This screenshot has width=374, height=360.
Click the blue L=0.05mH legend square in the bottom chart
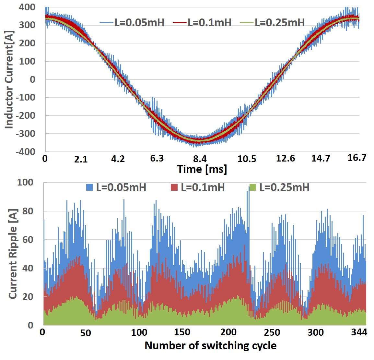click(x=90, y=187)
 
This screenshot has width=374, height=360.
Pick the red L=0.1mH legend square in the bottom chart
click(x=174, y=187)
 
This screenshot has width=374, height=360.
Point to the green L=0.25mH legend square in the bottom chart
click(x=253, y=187)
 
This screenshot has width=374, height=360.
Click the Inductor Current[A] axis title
click(x=9, y=79)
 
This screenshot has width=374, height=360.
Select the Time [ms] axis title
click(x=202, y=169)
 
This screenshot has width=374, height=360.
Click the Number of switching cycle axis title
click(x=210, y=345)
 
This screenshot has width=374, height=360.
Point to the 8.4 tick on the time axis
click(x=200, y=159)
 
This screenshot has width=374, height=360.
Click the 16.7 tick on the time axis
click(x=357, y=158)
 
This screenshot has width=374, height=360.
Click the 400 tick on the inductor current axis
click(x=27, y=7)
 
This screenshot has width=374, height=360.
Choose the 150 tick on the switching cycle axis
click(x=182, y=332)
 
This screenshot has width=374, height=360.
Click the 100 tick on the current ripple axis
click(x=25, y=182)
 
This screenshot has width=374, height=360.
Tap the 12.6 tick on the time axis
click(x=286, y=158)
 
